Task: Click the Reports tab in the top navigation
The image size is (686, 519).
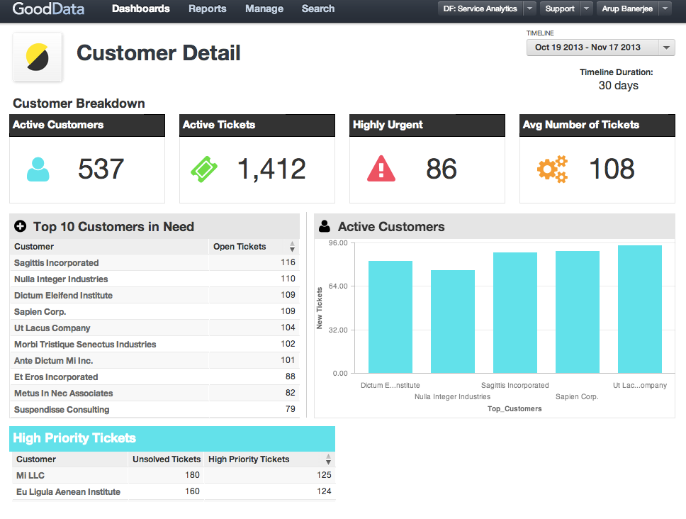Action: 207,9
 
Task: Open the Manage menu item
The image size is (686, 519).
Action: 264,9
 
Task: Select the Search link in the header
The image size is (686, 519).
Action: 317,9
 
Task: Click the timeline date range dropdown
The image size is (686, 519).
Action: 600,48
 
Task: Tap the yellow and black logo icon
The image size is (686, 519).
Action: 38,57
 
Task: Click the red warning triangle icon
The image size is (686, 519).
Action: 381,169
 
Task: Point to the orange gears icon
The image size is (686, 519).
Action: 552,169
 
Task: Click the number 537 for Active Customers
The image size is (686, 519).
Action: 101,169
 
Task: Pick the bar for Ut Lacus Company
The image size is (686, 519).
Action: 639,309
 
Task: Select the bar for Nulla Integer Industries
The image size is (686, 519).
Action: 453,321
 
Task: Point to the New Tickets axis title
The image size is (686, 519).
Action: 320,308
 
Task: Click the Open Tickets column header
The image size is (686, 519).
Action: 240,247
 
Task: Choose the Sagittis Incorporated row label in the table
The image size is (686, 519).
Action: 56,263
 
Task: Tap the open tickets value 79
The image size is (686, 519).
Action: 290,410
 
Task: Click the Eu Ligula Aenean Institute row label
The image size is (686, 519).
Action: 68,492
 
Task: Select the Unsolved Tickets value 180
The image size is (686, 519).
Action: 191,476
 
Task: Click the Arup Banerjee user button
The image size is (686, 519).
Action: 627,9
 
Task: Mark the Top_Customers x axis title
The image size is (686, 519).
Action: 514,409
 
